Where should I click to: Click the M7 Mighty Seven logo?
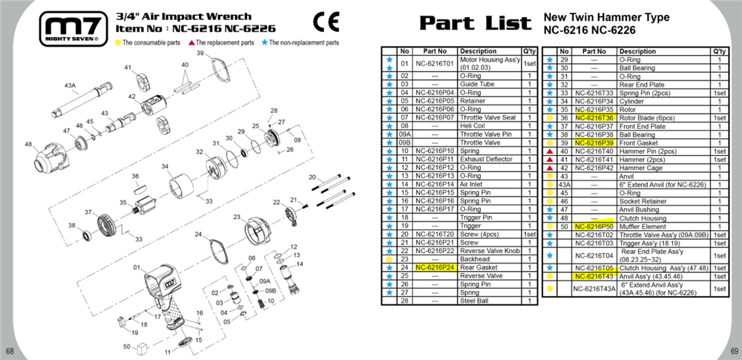(73, 29)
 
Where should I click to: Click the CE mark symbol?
(326, 22)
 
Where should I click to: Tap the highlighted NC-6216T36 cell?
(594, 118)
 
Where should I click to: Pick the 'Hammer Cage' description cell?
(638, 168)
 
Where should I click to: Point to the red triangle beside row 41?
(549, 160)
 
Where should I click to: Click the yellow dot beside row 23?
(389, 260)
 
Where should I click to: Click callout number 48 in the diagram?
(28, 144)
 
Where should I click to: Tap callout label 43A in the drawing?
(70, 85)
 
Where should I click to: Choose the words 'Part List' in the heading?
(475, 23)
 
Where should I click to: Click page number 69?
(734, 351)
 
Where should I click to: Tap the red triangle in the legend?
(191, 42)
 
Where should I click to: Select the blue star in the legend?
(264, 42)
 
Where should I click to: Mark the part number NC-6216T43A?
(594, 289)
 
